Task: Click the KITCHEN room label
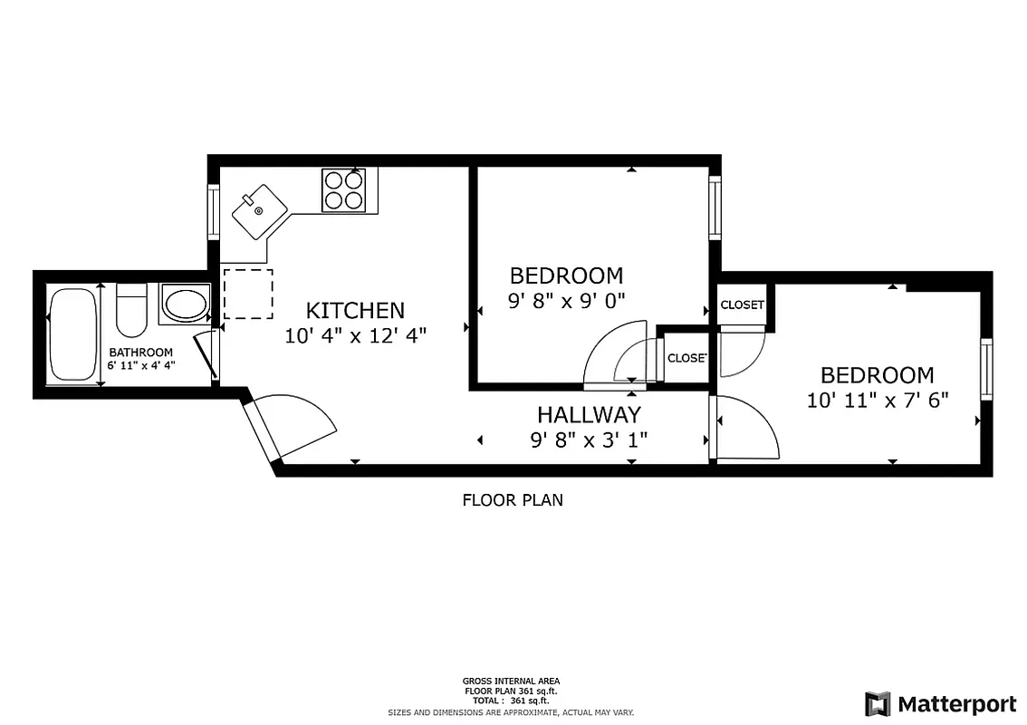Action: click(x=354, y=310)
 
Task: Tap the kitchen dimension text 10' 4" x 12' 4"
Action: click(x=354, y=335)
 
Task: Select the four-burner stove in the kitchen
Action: click(x=343, y=190)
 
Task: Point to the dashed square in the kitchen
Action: click(x=247, y=294)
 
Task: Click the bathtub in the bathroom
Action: click(x=72, y=334)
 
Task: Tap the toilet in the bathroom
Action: click(x=132, y=309)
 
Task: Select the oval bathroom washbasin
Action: click(x=184, y=304)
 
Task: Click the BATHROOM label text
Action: click(x=140, y=353)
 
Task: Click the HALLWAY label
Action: click(x=589, y=415)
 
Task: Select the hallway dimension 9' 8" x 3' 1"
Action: click(x=589, y=440)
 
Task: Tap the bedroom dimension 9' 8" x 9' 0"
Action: click(x=566, y=300)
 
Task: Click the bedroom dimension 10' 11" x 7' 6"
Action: click(x=877, y=400)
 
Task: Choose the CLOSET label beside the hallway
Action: click(x=686, y=358)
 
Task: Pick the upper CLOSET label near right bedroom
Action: click(x=742, y=304)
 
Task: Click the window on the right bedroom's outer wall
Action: click(x=986, y=369)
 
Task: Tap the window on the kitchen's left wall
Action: click(x=214, y=212)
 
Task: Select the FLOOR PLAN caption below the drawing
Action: click(x=513, y=499)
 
